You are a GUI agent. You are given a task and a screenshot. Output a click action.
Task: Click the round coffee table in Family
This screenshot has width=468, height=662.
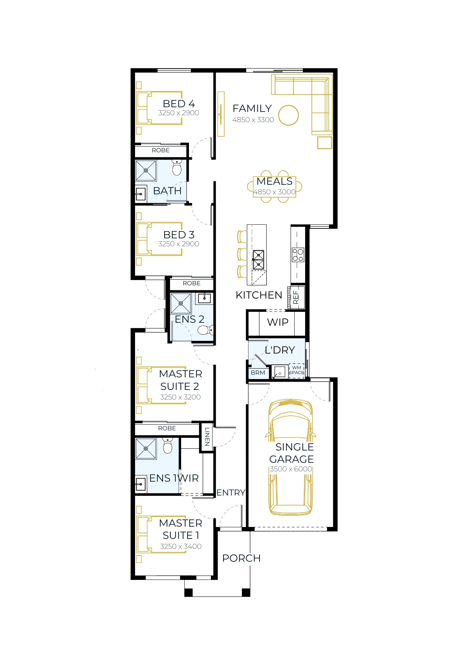tap(288, 106)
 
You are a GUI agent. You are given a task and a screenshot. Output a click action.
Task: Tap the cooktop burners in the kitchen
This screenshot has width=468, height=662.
tap(298, 255)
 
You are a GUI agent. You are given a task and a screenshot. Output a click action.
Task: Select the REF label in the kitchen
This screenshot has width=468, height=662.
tap(296, 297)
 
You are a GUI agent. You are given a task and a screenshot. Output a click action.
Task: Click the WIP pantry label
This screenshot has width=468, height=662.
tap(278, 322)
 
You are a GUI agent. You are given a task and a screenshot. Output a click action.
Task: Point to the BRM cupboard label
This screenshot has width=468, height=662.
tap(258, 373)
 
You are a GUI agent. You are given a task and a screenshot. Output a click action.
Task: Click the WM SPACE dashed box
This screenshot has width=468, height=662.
tap(297, 371)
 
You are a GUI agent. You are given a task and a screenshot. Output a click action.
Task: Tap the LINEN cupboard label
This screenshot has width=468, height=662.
tap(207, 437)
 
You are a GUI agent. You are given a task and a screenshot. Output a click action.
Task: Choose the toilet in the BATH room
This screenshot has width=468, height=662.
tap(177, 167)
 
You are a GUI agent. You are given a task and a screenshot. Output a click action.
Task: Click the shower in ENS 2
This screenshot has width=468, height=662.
tap(181, 303)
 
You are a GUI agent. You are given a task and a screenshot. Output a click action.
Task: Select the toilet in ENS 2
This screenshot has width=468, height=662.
tap(206, 330)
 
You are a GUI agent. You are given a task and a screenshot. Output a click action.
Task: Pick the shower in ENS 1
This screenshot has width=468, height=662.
tap(146, 449)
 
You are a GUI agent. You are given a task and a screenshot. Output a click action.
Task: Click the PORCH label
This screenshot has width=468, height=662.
tap(241, 558)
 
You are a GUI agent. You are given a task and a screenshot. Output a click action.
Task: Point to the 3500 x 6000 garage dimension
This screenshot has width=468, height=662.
tap(291, 469)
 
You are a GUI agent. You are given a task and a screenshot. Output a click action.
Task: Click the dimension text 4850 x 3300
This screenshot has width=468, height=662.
tap(253, 120)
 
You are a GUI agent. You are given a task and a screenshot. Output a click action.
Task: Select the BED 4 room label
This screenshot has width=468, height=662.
tap(179, 104)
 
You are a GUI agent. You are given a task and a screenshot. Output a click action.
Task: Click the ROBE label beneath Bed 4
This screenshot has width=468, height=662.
tap(161, 150)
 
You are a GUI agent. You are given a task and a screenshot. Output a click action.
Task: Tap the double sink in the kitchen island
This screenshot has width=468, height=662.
tap(258, 260)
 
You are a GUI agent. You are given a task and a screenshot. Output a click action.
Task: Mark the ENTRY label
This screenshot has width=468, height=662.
tap(231, 493)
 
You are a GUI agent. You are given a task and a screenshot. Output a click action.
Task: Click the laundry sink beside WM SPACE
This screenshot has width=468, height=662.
tap(280, 372)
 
